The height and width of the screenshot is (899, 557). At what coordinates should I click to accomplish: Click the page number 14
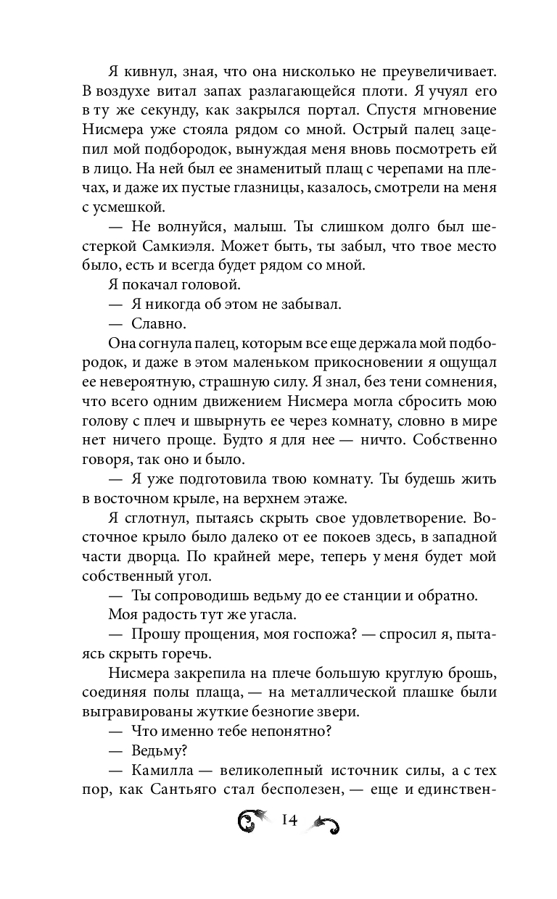(289, 821)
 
